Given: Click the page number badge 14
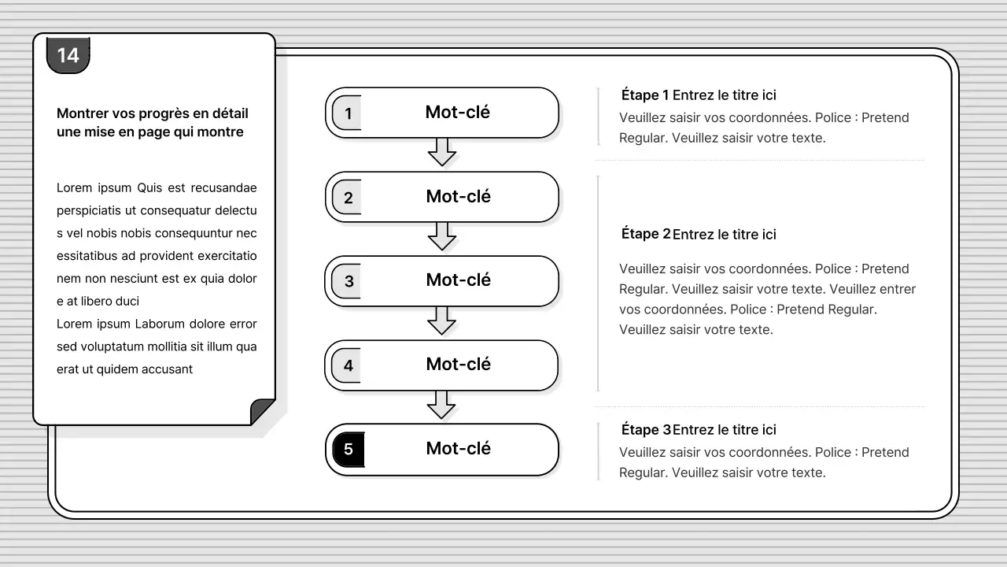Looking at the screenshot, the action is (68, 55).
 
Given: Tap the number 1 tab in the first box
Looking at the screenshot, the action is (347, 113).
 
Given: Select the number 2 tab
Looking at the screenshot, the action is (347, 197).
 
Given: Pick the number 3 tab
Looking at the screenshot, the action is (347, 281).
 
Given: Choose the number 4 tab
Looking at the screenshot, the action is (347, 365).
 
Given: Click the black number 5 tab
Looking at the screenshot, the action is (349, 449).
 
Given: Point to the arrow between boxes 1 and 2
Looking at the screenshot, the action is (442, 152).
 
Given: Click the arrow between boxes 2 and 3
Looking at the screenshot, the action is (442, 236).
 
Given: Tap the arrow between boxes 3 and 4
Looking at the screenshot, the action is (441, 321).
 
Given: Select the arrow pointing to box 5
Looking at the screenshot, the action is (441, 405).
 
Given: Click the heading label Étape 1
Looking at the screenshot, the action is (644, 95).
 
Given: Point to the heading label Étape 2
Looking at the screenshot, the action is (646, 234).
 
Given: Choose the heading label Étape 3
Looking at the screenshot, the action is (646, 429).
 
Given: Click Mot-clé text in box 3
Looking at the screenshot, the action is (458, 280).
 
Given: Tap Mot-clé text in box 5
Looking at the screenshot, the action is (458, 448).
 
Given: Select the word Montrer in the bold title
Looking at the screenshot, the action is (83, 113).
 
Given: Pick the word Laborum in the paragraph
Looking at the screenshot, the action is (160, 324).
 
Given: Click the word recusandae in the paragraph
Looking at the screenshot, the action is (224, 187).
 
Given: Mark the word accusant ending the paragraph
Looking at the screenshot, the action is (167, 369).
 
